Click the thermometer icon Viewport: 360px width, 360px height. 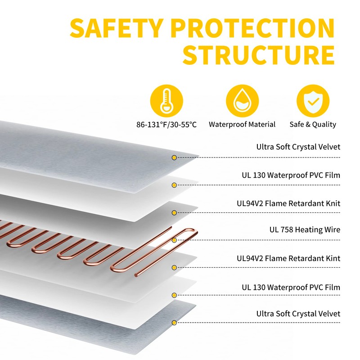click(166, 101)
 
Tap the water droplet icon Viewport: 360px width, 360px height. click(242, 101)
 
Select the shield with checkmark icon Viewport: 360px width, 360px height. click(313, 101)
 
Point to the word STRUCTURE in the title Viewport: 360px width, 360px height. click(258, 55)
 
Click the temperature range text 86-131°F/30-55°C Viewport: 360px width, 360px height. click(166, 125)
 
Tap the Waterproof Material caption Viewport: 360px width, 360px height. click(242, 124)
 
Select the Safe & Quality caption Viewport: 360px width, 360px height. click(313, 124)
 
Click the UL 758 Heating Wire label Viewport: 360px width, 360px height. click(305, 229)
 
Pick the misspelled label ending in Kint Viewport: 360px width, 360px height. click(288, 258)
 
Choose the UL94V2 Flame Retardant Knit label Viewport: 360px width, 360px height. click(288, 203)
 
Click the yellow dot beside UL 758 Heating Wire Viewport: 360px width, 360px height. click(174, 240)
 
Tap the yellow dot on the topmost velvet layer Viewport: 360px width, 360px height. click(174, 158)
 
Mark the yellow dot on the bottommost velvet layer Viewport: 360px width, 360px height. click(174, 323)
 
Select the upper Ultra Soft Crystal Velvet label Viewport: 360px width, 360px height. click(298, 147)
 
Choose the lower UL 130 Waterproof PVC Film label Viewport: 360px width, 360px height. click(291, 287)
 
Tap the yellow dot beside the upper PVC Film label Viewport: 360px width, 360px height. click(174, 185)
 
